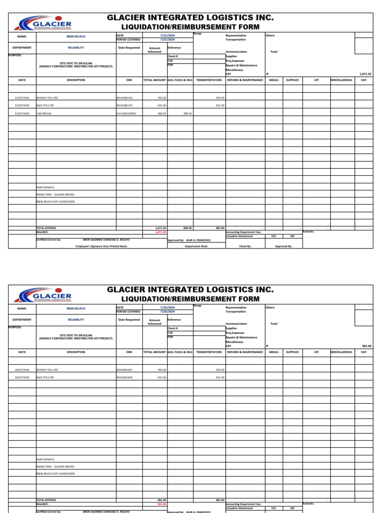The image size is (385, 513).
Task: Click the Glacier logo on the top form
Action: click(x=45, y=25)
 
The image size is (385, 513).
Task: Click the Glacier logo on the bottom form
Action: click(x=45, y=296)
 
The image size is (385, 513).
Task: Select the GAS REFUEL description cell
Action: click(x=44, y=114)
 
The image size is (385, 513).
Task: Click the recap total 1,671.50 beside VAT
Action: click(x=365, y=74)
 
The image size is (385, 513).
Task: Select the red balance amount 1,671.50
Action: click(x=161, y=232)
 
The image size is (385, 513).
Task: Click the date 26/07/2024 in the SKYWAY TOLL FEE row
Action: click(x=22, y=369)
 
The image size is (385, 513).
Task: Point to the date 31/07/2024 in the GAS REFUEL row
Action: click(x=22, y=114)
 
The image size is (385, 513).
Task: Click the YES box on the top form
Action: click(x=273, y=236)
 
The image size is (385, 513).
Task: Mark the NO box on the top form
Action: click(x=292, y=236)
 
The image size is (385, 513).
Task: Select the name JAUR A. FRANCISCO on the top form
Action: click(x=198, y=240)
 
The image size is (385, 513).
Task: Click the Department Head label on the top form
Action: click(x=196, y=246)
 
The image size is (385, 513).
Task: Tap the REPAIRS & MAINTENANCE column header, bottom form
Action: click(x=245, y=352)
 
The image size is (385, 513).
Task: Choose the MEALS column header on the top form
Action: click(x=274, y=80)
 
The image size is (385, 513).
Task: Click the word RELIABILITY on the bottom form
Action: click(x=76, y=319)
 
